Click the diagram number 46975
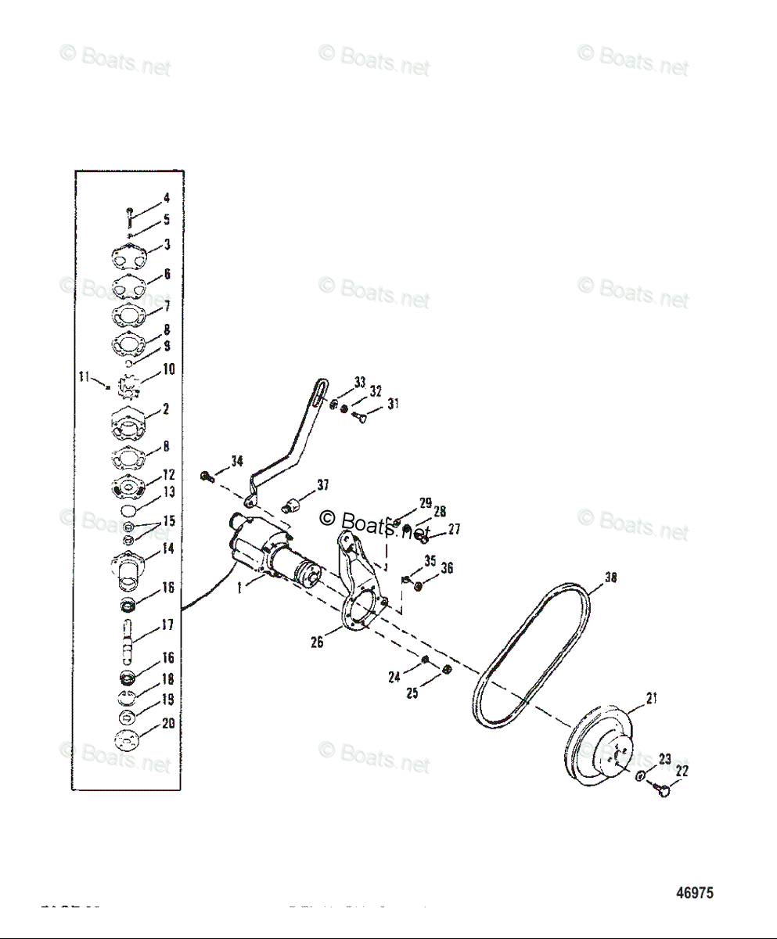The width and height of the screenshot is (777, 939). point(695,893)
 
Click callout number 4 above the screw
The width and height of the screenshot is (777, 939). point(167,199)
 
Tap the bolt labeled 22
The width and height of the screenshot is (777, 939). point(664,792)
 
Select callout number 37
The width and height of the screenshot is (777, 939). point(323,486)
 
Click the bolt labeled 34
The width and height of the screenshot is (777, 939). point(207,476)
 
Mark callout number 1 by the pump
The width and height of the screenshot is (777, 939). point(239,588)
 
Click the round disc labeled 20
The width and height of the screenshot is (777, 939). point(125,739)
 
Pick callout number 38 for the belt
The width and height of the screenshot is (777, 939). point(610,579)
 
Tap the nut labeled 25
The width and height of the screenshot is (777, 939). point(446,668)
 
